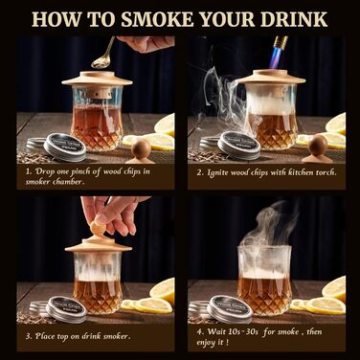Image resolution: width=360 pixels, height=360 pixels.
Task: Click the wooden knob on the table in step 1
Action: click(x=141, y=148)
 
